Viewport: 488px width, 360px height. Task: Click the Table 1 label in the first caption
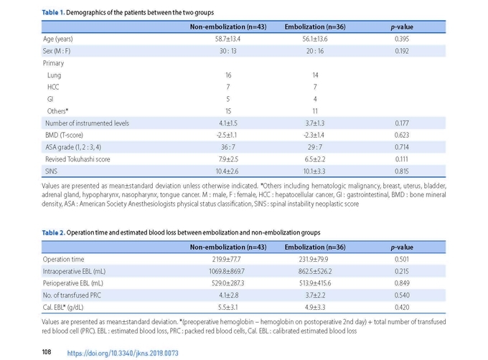coord(53,12)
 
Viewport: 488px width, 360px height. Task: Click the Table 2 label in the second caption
coord(54,232)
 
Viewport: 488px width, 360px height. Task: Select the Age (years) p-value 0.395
coord(402,39)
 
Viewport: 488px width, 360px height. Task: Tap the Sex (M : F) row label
coord(57,51)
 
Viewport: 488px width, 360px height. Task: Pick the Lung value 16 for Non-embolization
coord(228,75)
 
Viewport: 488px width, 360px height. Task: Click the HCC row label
coord(53,87)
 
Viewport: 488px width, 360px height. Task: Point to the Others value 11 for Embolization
coord(315,111)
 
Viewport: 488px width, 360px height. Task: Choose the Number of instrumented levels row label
coord(87,123)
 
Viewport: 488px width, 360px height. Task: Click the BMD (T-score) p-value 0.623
coord(402,135)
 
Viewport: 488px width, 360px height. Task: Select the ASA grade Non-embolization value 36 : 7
coord(228,147)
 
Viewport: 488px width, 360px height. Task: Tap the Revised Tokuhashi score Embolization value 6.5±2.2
coord(315,159)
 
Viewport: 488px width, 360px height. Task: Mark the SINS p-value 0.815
coord(402,171)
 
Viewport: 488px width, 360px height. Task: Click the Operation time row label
coord(63,260)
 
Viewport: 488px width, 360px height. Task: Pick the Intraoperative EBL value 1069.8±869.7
coord(227,271)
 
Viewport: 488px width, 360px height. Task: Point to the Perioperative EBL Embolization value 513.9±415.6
coord(315,283)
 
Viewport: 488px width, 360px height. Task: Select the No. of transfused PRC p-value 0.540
coord(402,295)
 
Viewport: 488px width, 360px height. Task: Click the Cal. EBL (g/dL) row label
coord(63,308)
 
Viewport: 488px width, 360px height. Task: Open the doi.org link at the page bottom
coord(123,353)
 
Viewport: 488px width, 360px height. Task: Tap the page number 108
coord(47,352)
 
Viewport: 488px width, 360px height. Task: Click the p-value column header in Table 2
coord(402,247)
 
